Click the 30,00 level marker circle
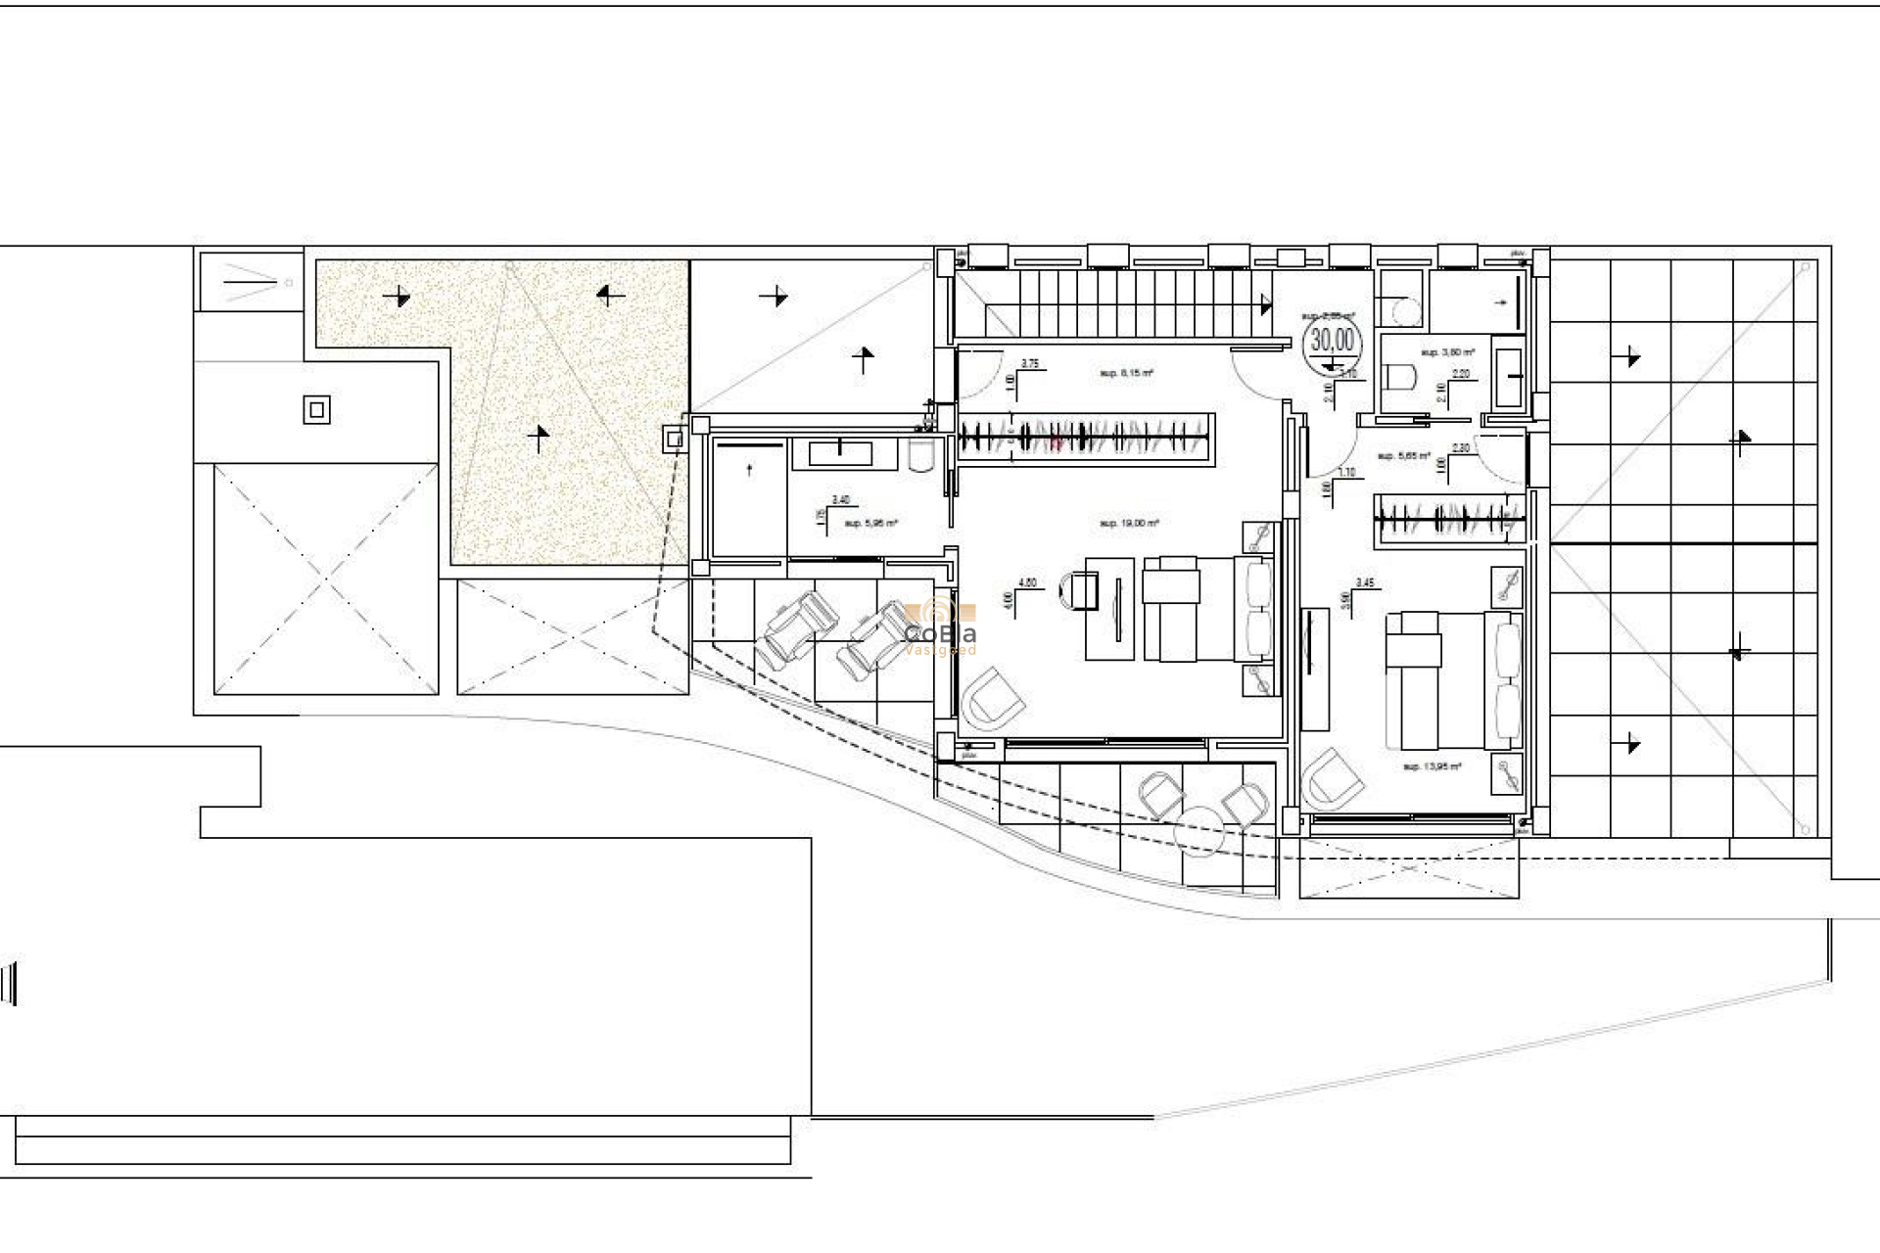(x=1333, y=340)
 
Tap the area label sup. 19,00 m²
(x=1128, y=524)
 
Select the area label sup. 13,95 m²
(x=1432, y=766)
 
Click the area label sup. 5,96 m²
(x=870, y=524)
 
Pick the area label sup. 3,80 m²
(x=1447, y=351)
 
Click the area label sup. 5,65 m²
(x=1404, y=456)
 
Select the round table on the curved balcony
(x=1200, y=829)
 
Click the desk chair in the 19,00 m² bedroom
(x=1081, y=591)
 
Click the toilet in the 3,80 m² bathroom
(x=1403, y=377)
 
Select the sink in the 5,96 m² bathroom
(x=840, y=452)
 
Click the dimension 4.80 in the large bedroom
(x=1027, y=582)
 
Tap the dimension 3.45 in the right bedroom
(x=1364, y=582)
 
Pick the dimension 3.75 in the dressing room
(x=1030, y=363)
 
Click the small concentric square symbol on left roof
(x=316, y=410)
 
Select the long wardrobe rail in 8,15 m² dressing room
(x=1085, y=437)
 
